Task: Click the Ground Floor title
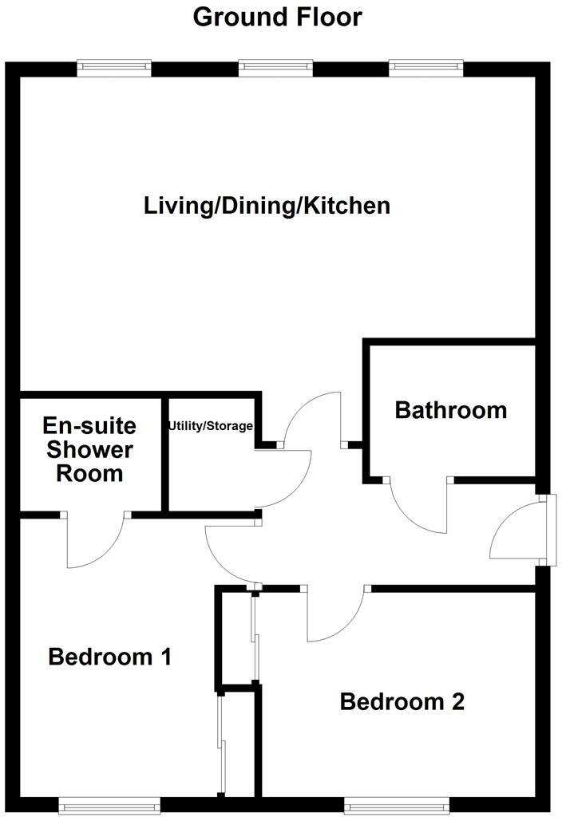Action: [x=277, y=16]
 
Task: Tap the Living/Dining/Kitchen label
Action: [x=267, y=206]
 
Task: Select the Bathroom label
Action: [x=451, y=410]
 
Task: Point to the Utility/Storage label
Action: [x=210, y=426]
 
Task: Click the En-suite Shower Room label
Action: [x=89, y=449]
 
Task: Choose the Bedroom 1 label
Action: [x=110, y=657]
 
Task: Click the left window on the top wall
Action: [x=114, y=69]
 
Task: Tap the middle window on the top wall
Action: [x=275, y=69]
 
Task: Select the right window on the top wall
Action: [x=425, y=69]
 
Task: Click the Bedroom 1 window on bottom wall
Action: [x=109, y=805]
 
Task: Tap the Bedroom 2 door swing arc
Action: [x=335, y=616]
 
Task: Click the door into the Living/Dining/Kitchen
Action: [x=313, y=416]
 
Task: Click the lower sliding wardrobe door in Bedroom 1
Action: [x=221, y=742]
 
